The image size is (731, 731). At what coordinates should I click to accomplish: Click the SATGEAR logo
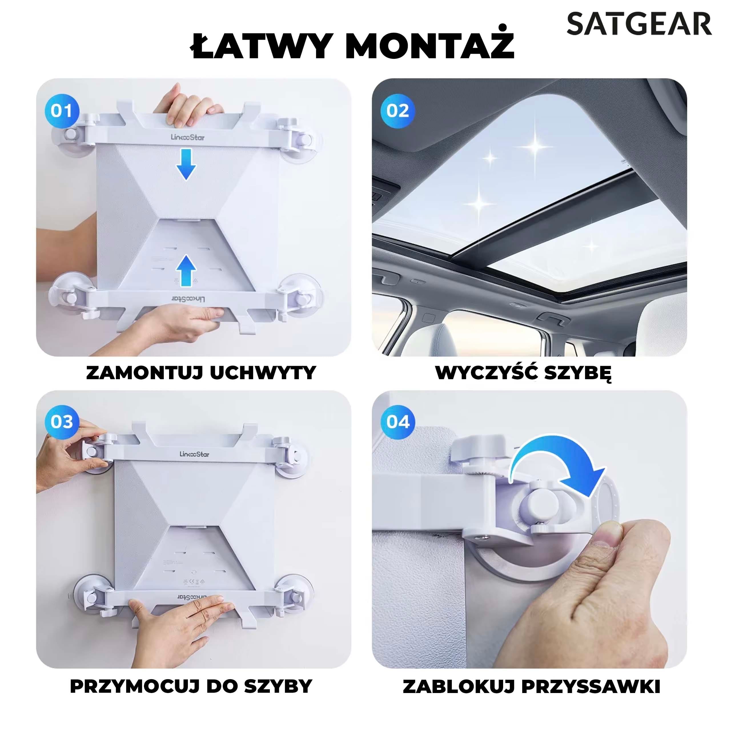[639, 23]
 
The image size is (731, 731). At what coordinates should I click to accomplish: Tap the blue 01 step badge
[62, 111]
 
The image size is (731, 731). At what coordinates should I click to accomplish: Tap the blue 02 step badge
[398, 111]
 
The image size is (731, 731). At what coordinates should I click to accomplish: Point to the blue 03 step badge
[62, 422]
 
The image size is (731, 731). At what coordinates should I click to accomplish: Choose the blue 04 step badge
[398, 422]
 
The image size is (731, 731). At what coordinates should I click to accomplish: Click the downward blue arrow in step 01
[186, 164]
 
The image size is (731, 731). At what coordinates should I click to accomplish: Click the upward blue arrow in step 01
[186, 270]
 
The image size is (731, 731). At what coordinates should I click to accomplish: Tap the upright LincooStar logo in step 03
[194, 454]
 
